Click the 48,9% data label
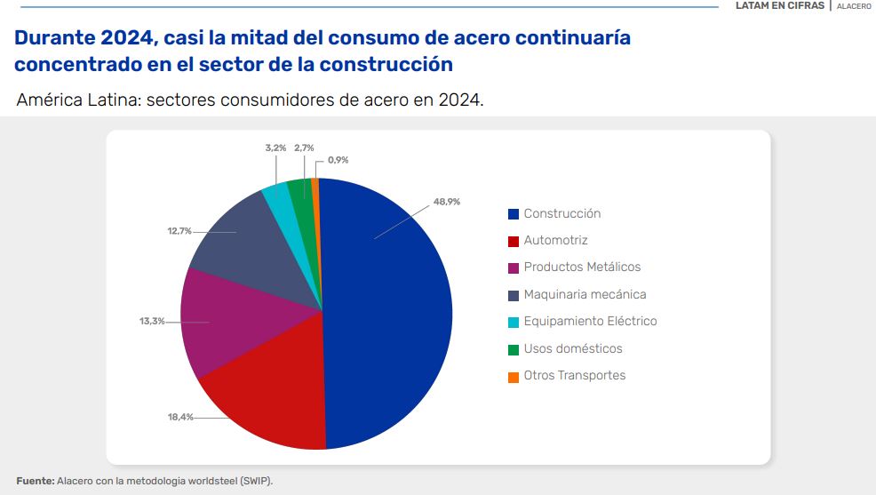[x=447, y=202]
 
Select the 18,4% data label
[x=180, y=417]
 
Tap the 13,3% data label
[x=152, y=321]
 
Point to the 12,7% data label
[x=179, y=231]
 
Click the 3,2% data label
[x=276, y=148]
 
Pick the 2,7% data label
[x=304, y=148]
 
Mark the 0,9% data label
[x=338, y=160]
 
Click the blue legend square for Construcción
[x=514, y=214]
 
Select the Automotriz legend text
[x=555, y=240]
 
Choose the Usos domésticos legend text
[x=572, y=348]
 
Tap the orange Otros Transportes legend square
[x=514, y=376]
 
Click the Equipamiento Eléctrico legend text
[x=590, y=321]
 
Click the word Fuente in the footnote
[x=35, y=481]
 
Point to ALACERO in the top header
[x=854, y=6]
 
